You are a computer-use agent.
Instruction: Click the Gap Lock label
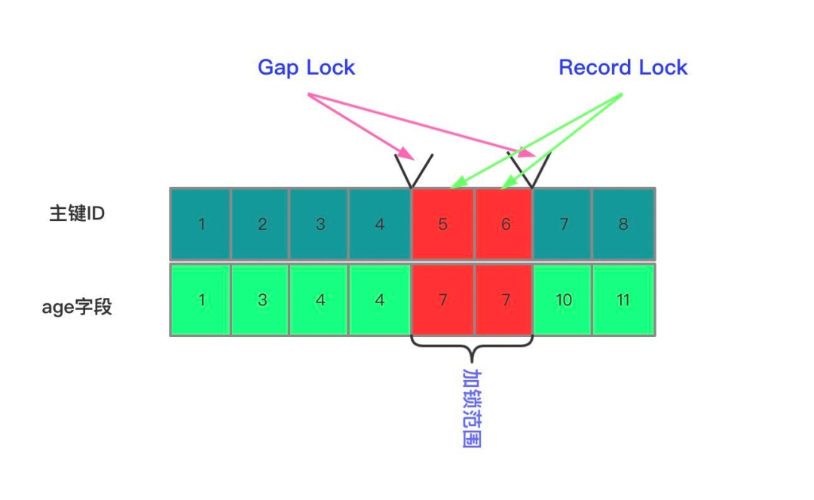(x=306, y=67)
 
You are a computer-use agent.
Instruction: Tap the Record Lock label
(x=623, y=67)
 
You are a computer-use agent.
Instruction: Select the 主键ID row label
(x=76, y=213)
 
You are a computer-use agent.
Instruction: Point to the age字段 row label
(x=76, y=307)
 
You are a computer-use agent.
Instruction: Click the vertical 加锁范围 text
(x=471, y=407)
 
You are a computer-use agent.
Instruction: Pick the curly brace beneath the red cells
(x=472, y=348)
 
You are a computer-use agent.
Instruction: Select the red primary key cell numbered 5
(x=442, y=224)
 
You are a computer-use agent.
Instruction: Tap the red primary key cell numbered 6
(x=504, y=224)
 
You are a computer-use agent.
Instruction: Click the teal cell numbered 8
(x=623, y=224)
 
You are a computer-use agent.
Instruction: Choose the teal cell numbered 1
(x=200, y=224)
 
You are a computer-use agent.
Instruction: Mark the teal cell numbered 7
(x=562, y=224)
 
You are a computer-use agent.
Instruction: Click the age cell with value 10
(x=562, y=299)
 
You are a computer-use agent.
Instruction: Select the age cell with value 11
(x=623, y=299)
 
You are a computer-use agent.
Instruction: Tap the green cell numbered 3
(x=261, y=299)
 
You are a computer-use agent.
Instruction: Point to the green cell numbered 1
(x=200, y=299)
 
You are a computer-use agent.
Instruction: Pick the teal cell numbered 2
(x=261, y=224)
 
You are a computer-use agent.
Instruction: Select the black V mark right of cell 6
(x=531, y=170)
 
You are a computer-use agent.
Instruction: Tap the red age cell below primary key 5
(x=442, y=299)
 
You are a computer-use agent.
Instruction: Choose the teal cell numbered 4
(x=379, y=224)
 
